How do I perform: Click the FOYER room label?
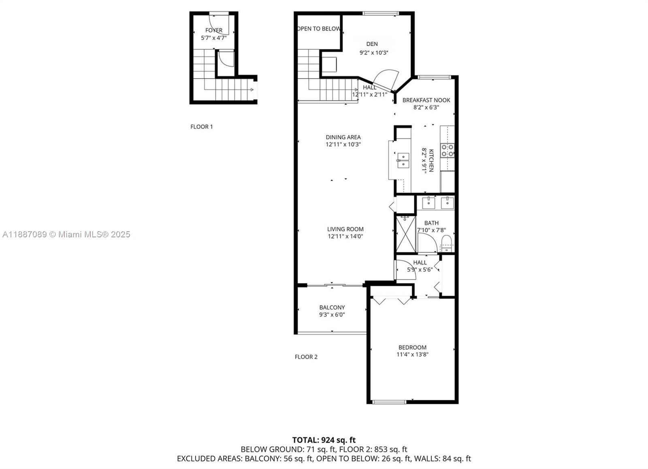[x=214, y=30]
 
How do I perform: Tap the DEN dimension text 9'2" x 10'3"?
[x=374, y=53]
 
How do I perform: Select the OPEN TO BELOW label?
[x=319, y=29]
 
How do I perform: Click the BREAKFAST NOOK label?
[x=426, y=100]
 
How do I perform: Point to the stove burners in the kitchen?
[x=447, y=150]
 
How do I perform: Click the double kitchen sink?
[x=403, y=160]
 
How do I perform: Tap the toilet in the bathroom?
[x=447, y=243]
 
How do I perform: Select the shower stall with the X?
[x=405, y=234]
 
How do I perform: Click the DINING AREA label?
[x=343, y=137]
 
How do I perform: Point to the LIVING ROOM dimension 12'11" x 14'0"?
[x=345, y=236]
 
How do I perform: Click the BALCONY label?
[x=332, y=307]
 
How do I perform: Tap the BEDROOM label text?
[x=412, y=347]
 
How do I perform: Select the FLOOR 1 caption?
[x=202, y=127]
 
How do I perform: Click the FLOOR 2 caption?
[x=306, y=357]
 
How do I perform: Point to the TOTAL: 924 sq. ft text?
[x=324, y=440]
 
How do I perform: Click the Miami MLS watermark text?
[x=66, y=234]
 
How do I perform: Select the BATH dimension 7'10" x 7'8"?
[x=431, y=230]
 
